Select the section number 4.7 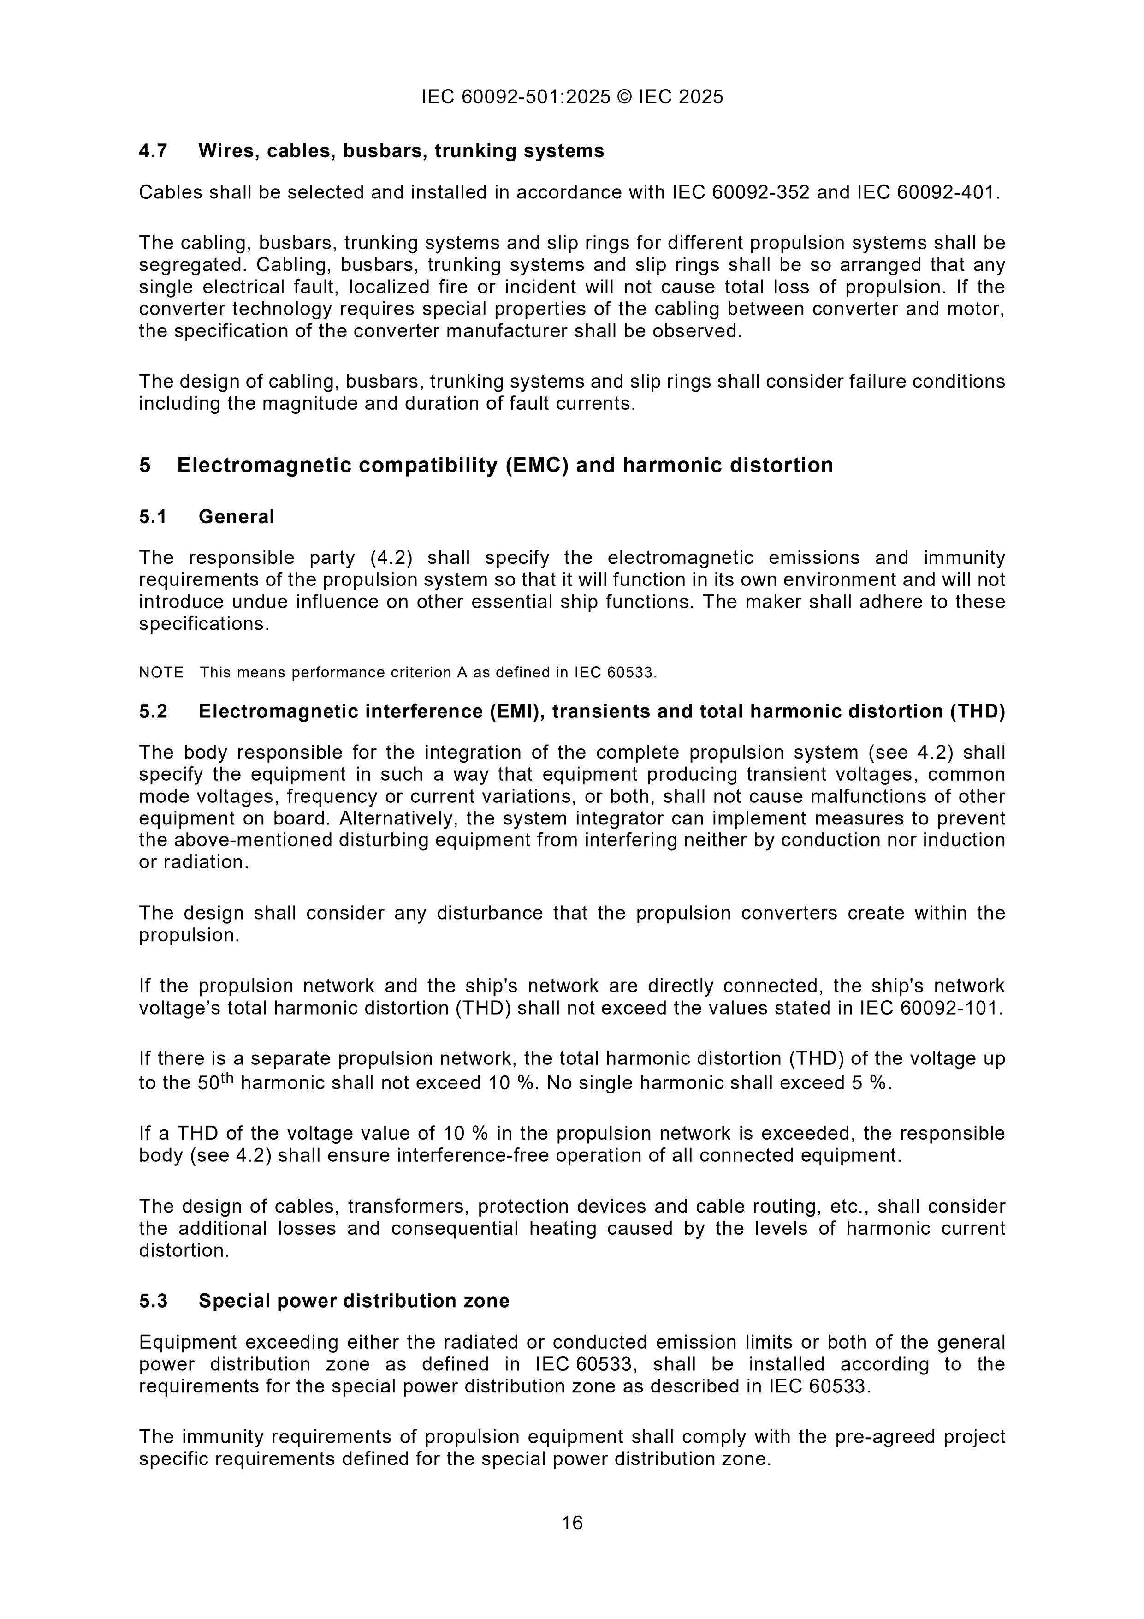click(x=153, y=151)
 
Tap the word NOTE click(x=161, y=673)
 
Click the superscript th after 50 click(x=227, y=1077)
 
